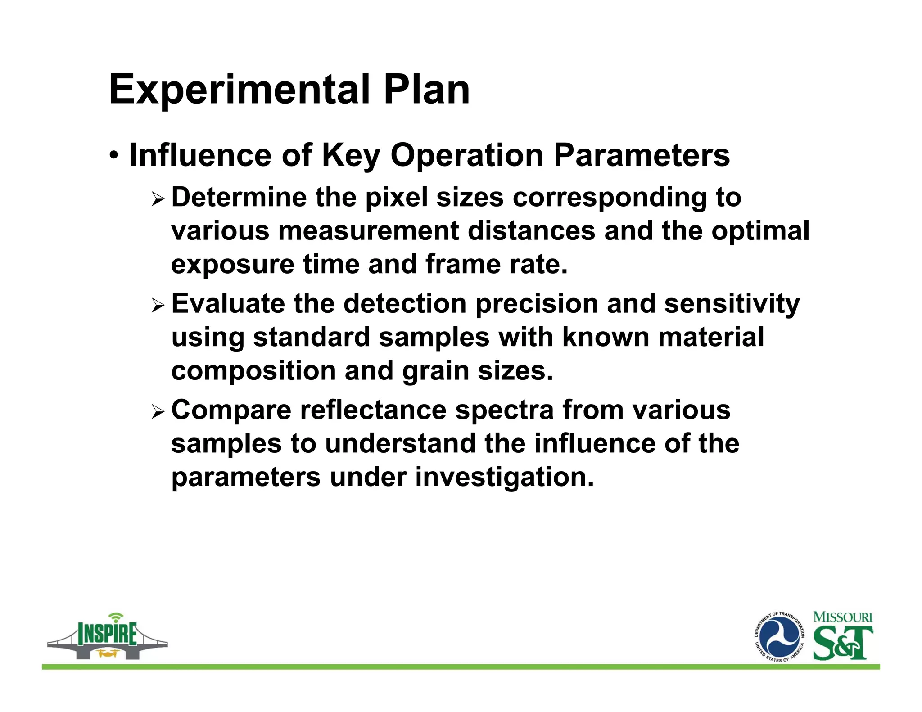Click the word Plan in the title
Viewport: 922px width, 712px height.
point(426,90)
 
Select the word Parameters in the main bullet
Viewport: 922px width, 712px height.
point(641,155)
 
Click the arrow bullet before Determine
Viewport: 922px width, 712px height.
point(158,198)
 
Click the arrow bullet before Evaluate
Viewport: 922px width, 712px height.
point(158,306)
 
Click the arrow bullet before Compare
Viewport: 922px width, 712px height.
point(158,411)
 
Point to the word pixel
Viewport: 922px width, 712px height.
point(396,198)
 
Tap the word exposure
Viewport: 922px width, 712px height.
point(233,265)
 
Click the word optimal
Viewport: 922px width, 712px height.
point(760,231)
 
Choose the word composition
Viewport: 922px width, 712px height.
point(253,371)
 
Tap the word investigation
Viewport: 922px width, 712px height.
point(504,477)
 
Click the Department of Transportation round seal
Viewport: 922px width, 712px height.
point(779,637)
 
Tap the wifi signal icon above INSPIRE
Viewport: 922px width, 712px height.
point(116,617)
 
